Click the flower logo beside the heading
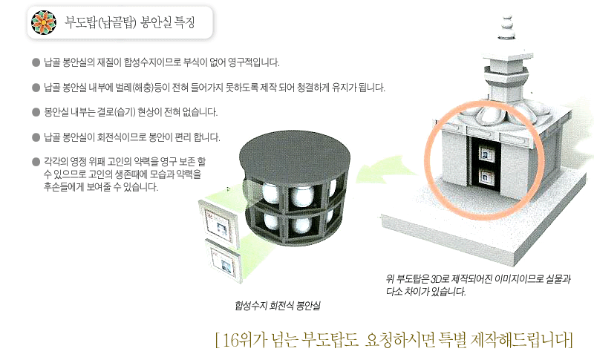tap(44, 22)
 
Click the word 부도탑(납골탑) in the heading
tap(100, 22)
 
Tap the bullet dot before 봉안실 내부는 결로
tap(36, 112)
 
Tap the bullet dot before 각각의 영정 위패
tap(36, 162)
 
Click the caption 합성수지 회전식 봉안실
tap(278, 306)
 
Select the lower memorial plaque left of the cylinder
tap(223, 260)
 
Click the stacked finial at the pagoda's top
tap(506, 27)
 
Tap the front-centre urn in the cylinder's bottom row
tap(302, 225)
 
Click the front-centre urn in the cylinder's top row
tap(302, 195)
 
